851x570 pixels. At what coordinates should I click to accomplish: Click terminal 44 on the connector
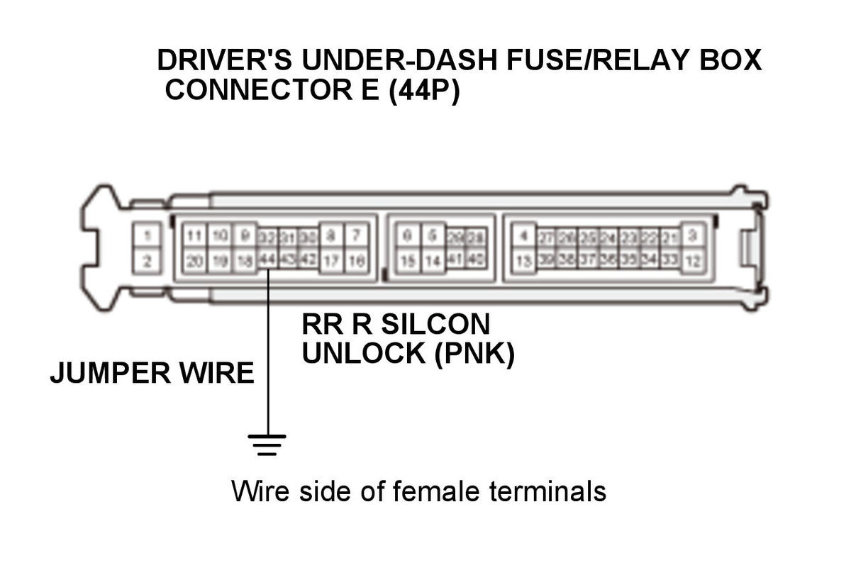click(267, 259)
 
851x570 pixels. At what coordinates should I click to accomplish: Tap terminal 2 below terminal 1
click(147, 261)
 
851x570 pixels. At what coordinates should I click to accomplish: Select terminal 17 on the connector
click(332, 261)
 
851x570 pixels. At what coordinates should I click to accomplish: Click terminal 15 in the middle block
click(407, 261)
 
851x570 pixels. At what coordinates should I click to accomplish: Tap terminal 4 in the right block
click(523, 235)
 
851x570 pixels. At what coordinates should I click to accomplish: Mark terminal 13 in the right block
click(523, 261)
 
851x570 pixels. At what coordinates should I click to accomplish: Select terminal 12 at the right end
click(693, 261)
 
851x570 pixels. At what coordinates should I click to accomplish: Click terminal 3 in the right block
click(693, 235)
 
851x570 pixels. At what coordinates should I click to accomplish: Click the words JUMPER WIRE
click(152, 373)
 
